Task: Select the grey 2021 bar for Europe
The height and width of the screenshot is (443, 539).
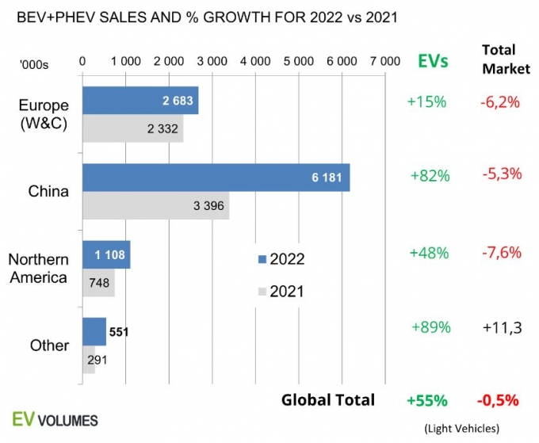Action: point(132,129)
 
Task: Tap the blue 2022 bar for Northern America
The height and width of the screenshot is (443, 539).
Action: point(106,254)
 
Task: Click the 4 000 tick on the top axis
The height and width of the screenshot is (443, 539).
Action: point(255,61)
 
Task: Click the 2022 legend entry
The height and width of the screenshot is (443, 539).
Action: point(282,259)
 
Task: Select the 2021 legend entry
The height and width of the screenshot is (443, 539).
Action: point(282,292)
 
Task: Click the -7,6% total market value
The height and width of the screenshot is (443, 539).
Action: point(500,253)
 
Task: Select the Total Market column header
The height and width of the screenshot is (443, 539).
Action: point(505,59)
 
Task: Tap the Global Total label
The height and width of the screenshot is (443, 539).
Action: point(327,399)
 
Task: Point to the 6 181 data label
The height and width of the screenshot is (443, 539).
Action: point(327,178)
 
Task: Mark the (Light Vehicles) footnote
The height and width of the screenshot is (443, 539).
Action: point(461,428)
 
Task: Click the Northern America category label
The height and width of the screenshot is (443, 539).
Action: point(38,268)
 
